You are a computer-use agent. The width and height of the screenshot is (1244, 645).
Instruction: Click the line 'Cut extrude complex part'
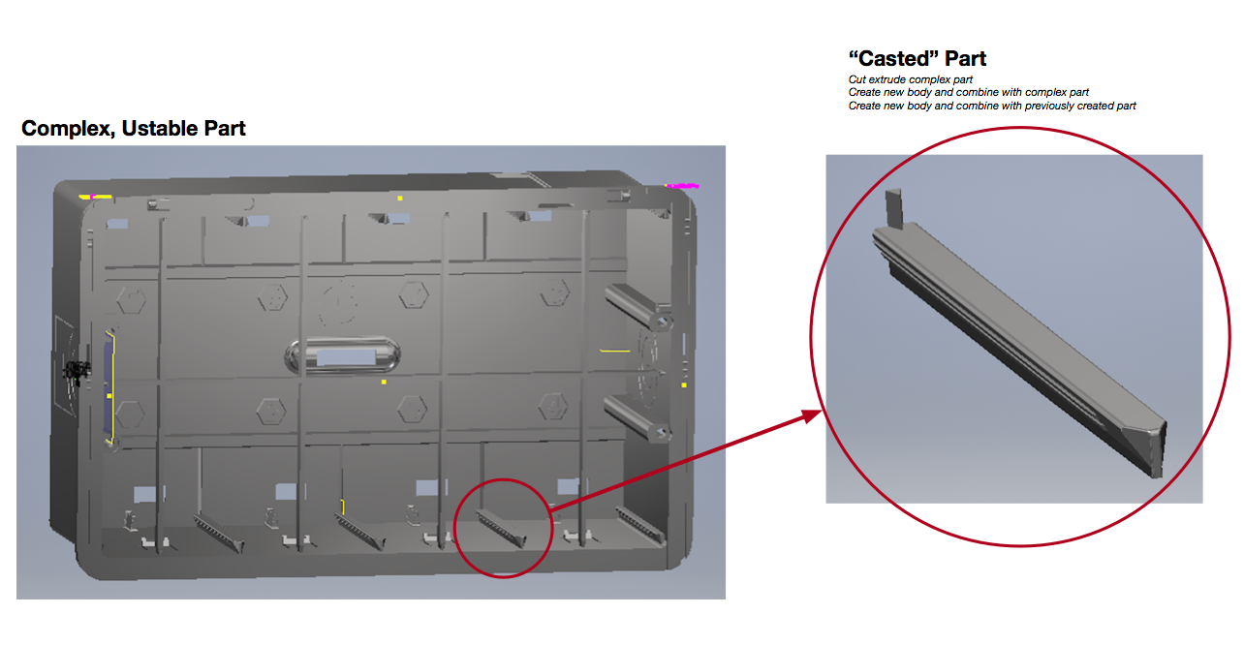tap(910, 79)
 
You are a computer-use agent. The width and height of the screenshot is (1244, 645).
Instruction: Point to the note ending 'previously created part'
tap(992, 106)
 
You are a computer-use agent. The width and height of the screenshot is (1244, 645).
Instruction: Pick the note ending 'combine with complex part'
tap(969, 92)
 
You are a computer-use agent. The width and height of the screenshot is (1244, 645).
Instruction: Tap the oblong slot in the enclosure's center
tap(344, 355)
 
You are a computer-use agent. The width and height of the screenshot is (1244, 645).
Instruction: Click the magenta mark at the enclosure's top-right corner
tap(683, 185)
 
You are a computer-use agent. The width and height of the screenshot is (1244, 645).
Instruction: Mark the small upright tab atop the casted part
tap(894, 207)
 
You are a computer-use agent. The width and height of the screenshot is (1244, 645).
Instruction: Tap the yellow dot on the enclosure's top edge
tap(400, 198)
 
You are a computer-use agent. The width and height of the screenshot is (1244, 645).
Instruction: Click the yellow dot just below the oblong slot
tap(384, 383)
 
